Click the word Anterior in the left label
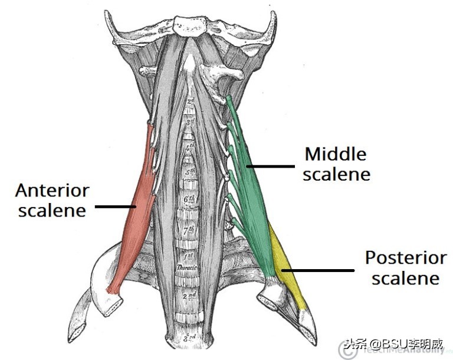coord(52,191)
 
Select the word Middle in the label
coord(335,155)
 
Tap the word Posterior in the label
coord(406,258)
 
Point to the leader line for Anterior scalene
coord(116,207)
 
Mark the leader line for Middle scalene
coord(271,166)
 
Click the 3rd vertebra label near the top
coord(189,122)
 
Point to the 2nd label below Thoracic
coord(189,295)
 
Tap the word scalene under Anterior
coord(52,211)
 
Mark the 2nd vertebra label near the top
coord(189,102)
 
